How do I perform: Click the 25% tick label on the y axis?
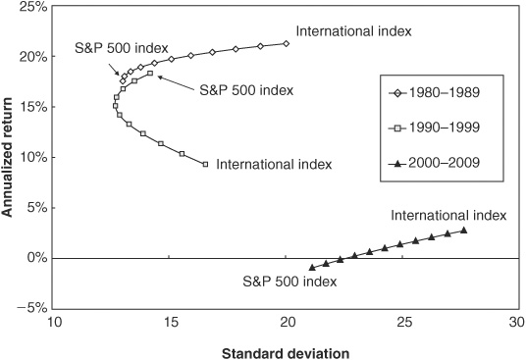click(x=33, y=7)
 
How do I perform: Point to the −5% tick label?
click(x=30, y=308)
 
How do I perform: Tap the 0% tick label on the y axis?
click(x=37, y=258)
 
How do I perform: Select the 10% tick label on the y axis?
click(x=33, y=157)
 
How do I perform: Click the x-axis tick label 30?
click(x=516, y=322)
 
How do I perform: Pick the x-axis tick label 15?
click(x=171, y=322)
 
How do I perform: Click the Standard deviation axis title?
click(x=286, y=353)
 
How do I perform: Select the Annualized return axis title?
click(x=7, y=157)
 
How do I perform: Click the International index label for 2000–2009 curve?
click(x=448, y=215)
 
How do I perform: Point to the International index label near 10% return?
click(x=274, y=164)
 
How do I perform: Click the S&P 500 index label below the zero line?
click(x=289, y=282)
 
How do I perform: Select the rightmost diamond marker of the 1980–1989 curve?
click(x=287, y=43)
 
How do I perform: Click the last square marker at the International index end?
click(x=206, y=164)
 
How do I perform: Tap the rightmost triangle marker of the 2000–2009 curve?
click(x=464, y=231)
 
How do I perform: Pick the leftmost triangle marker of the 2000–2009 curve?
click(x=312, y=268)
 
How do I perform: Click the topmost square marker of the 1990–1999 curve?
click(x=150, y=73)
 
